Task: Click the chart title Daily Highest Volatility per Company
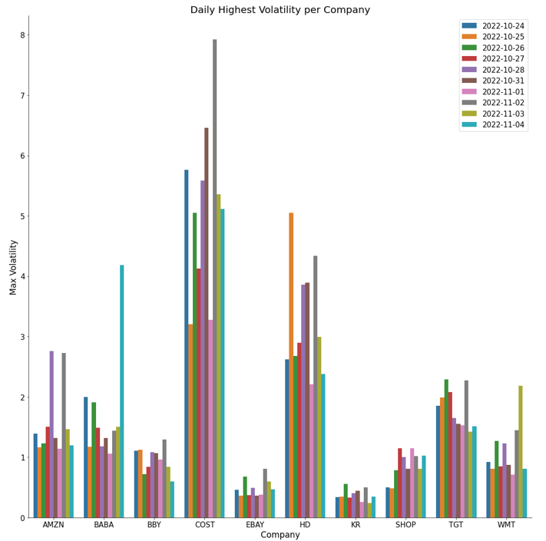click(x=280, y=10)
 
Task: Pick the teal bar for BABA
click(x=121, y=391)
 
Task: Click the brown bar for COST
click(x=207, y=322)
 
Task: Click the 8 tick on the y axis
click(x=23, y=35)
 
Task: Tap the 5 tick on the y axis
click(x=23, y=216)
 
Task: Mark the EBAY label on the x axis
click(x=255, y=525)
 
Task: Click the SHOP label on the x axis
click(x=405, y=525)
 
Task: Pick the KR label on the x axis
click(x=356, y=525)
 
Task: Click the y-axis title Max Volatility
click(x=13, y=267)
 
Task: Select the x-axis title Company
click(x=280, y=535)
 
